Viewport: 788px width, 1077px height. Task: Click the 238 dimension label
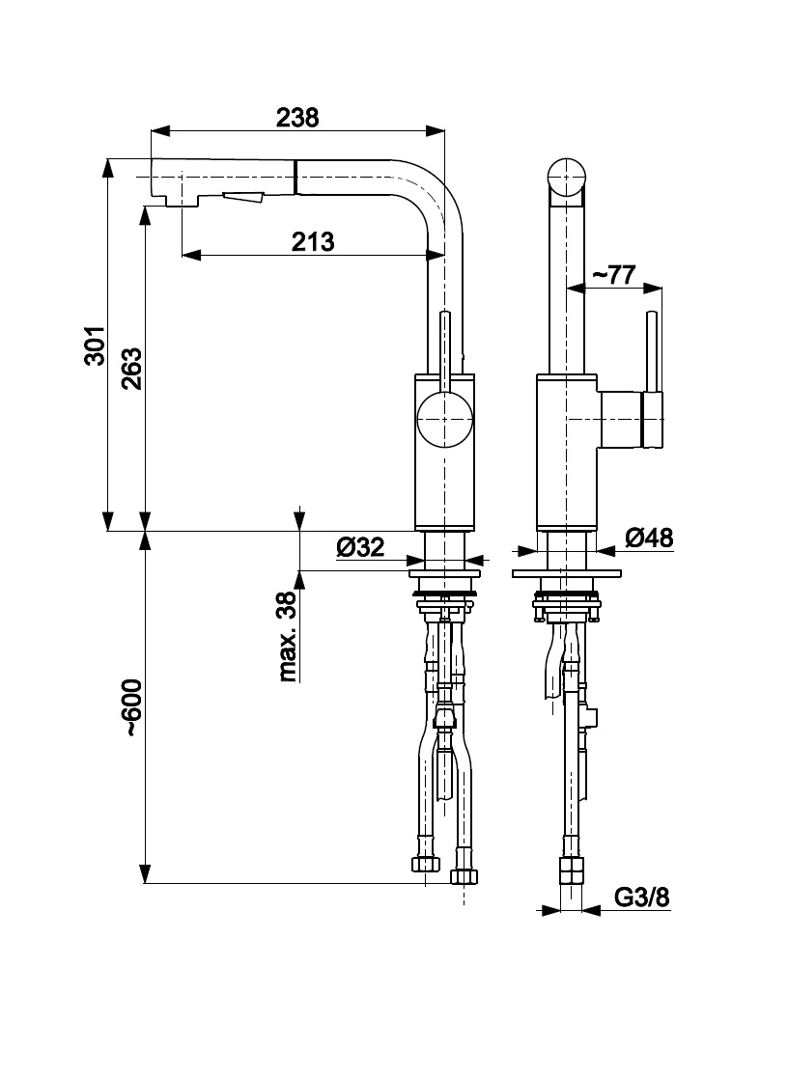coord(297,118)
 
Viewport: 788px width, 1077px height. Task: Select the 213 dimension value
coord(313,241)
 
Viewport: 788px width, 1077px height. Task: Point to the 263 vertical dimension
coord(132,368)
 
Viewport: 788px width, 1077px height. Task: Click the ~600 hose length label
coord(132,709)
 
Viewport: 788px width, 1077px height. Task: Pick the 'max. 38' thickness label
coord(287,637)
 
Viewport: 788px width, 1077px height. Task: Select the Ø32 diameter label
coord(360,548)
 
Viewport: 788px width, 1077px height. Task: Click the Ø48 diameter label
coord(649,538)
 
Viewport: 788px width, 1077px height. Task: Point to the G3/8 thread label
coord(642,897)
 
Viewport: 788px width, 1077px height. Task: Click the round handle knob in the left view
coord(444,422)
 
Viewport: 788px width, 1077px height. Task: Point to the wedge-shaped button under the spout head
coord(243,198)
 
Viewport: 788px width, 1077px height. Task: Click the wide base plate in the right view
coord(565,574)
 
